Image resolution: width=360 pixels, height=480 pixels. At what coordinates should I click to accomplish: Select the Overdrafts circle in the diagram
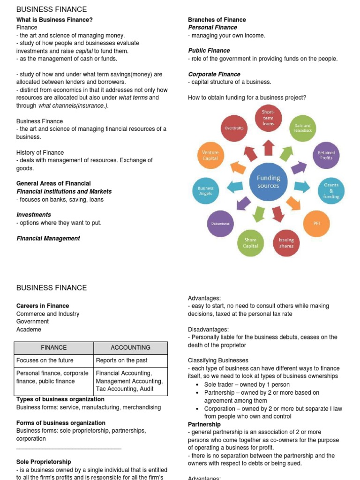click(233, 128)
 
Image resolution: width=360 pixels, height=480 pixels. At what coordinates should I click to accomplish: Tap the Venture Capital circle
click(210, 155)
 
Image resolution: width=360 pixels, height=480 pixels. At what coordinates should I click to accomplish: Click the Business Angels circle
click(205, 191)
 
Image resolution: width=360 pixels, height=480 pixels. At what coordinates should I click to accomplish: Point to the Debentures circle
click(220, 224)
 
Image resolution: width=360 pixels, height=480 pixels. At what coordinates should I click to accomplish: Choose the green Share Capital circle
click(250, 242)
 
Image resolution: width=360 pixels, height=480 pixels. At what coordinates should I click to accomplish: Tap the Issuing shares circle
click(286, 242)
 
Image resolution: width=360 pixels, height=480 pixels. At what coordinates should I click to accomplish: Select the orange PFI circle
click(316, 224)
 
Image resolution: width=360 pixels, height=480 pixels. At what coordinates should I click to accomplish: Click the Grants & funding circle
click(331, 191)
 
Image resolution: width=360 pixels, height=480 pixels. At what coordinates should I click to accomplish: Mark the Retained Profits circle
click(326, 155)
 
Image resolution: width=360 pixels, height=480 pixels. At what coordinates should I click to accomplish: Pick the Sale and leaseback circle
click(302, 128)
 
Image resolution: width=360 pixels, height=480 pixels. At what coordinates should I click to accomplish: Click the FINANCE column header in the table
click(54, 347)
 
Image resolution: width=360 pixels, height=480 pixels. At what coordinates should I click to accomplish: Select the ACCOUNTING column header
click(130, 347)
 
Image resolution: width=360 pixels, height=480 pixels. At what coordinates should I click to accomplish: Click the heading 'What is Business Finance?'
click(54, 20)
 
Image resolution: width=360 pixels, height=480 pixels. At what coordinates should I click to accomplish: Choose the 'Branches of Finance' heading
click(217, 20)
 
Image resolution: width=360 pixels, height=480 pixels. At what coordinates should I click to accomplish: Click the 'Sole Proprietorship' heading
click(44, 462)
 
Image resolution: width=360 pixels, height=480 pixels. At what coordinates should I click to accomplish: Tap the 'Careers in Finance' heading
click(43, 306)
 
